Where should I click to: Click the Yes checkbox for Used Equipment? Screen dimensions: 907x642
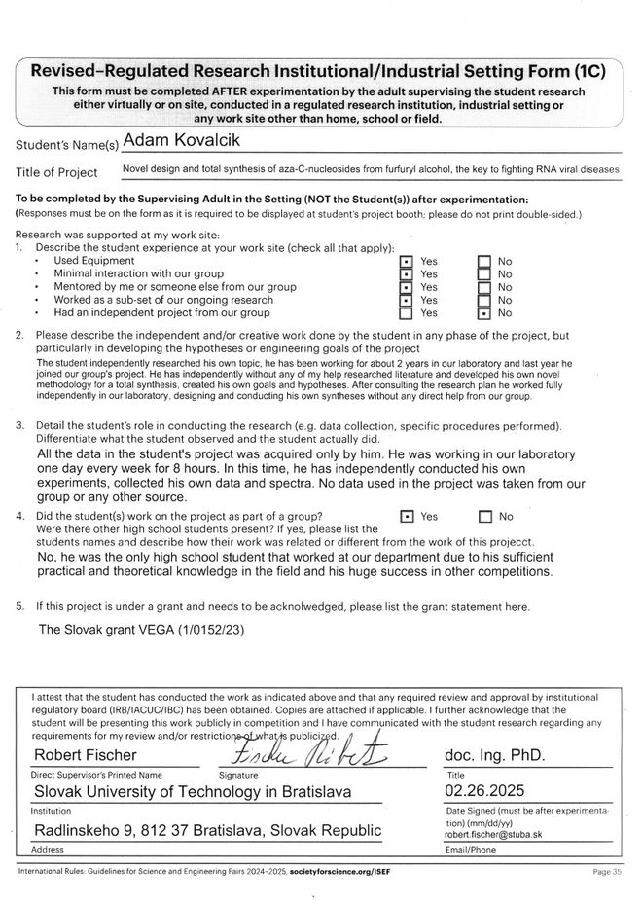407,262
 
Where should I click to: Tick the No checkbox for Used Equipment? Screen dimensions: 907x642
484,262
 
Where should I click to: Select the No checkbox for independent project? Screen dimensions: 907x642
484,313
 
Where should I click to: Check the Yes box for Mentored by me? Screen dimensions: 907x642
407,287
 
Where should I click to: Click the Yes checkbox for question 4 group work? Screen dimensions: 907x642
407,517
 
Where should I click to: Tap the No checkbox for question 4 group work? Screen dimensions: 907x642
485,517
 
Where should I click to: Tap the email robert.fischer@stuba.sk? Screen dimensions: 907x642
491,835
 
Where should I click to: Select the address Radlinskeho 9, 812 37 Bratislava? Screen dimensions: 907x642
208,830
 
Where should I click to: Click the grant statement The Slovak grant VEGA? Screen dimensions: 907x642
142,630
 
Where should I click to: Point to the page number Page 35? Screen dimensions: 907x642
607,872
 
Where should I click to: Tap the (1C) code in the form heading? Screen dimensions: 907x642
588,71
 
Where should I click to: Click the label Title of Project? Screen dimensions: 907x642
57,173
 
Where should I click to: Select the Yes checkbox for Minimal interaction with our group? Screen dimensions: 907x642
407,274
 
